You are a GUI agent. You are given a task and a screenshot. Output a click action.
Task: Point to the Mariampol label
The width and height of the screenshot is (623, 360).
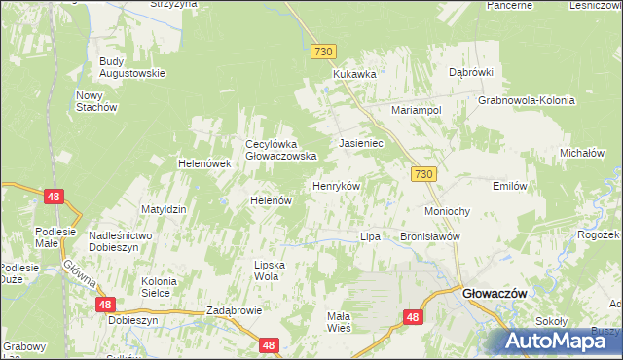[417, 110]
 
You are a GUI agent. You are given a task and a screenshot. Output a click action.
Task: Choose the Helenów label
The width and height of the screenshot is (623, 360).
[272, 200]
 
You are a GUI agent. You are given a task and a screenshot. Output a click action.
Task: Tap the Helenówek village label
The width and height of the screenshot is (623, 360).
[203, 163]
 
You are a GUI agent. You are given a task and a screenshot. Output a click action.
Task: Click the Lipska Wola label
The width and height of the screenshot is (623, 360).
[266, 270]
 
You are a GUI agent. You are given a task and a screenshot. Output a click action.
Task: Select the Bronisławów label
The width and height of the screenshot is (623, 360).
[429, 236]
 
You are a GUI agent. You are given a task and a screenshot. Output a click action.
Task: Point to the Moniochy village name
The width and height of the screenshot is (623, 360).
[448, 211]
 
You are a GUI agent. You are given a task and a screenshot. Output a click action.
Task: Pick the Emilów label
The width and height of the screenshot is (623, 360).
[510, 186]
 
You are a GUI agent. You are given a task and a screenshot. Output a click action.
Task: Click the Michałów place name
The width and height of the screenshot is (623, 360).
[583, 153]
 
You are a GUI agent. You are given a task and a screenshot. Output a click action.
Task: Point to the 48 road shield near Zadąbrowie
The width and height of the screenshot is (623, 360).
[269, 344]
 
